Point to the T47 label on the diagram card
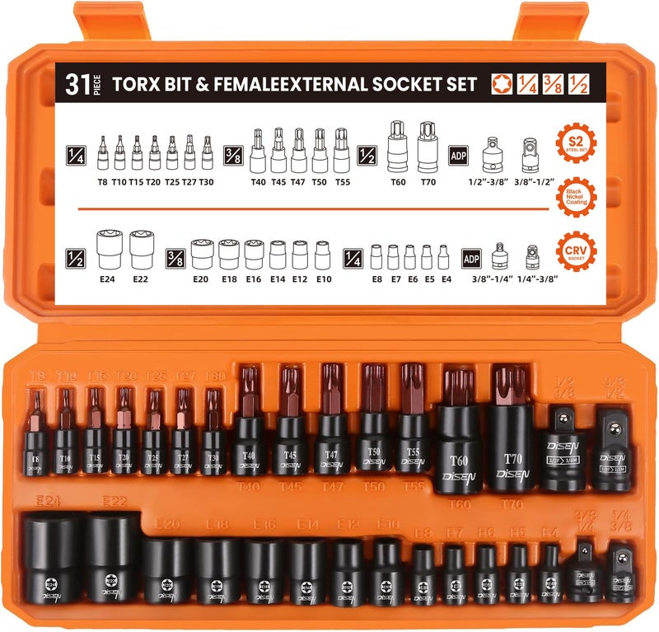click(x=298, y=182)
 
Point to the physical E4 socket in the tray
click(x=551, y=573)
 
